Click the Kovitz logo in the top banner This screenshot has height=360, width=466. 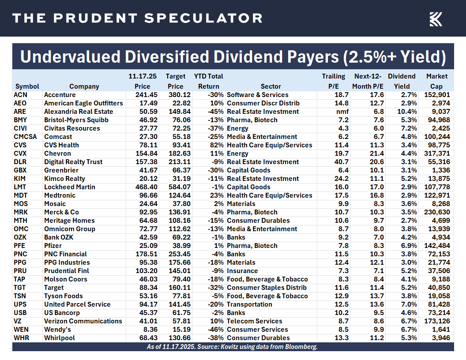[x=436, y=19]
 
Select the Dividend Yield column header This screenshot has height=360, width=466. [x=402, y=82]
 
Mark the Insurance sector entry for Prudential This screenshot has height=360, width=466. [x=242, y=271]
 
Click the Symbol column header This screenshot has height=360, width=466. [x=27, y=86]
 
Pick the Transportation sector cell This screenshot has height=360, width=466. [x=249, y=304]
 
